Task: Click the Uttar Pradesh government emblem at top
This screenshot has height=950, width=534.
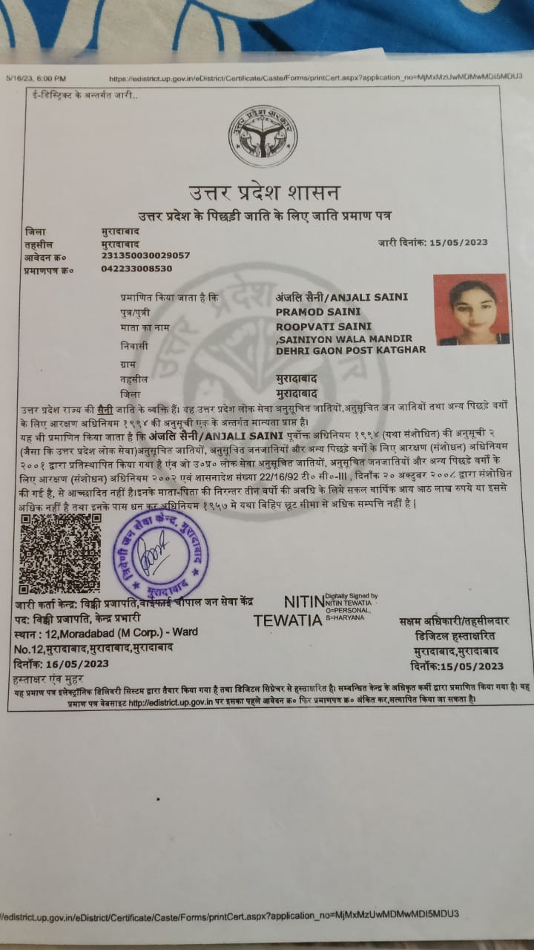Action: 263,137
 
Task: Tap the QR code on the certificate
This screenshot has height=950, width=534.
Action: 59,552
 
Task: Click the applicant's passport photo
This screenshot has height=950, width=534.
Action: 471,309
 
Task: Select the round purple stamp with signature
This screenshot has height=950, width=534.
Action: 161,554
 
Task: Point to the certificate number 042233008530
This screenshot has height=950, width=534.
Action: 136,269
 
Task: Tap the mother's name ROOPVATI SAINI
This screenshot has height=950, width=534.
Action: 323,326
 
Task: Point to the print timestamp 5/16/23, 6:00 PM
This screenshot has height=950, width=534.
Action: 37,78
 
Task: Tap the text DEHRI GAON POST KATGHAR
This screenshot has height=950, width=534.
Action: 351,350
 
